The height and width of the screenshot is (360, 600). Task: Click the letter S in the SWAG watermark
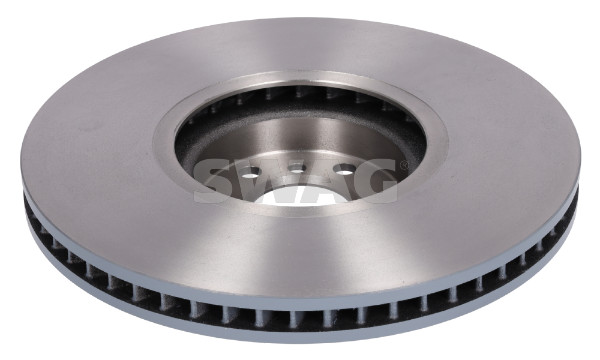coord(215,181)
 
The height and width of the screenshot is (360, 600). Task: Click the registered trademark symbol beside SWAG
coord(403,165)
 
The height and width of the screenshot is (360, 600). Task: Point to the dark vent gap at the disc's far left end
coord(31,207)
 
